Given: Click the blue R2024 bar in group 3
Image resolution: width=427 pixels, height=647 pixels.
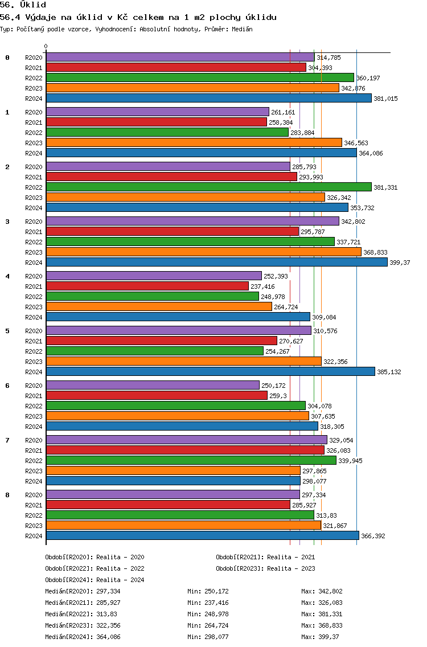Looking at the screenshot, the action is tap(217, 263).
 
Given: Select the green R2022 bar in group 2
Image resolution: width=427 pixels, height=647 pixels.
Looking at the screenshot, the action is tap(209, 187).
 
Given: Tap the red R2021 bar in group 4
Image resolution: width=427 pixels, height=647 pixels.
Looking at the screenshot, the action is tap(147, 286).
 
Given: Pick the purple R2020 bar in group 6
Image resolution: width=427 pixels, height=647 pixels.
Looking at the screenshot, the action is tap(153, 386).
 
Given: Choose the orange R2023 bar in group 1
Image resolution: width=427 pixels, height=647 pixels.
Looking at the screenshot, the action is tap(194, 143).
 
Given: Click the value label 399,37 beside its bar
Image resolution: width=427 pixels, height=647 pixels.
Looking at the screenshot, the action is tap(400, 263).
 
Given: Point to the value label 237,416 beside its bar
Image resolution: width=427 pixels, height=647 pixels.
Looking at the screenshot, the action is tap(262, 286).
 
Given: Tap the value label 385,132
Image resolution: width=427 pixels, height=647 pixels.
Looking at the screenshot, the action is tap(389, 372).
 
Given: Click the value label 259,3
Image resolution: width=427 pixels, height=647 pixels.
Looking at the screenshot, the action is tap(278, 396).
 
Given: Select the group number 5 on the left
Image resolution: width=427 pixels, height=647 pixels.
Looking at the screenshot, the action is tap(7, 331).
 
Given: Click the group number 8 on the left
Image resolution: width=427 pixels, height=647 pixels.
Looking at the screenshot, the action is tap(7, 495).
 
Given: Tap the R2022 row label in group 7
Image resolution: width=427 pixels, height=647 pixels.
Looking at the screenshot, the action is tap(34, 461).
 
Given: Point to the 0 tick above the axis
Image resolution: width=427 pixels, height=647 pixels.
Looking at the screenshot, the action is tap(46, 46).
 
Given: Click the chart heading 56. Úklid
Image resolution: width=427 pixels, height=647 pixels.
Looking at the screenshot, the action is tap(23, 5).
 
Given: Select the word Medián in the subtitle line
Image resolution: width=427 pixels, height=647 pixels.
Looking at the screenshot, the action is tap(242, 29).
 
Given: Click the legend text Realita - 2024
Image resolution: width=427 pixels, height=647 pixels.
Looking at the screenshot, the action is tap(120, 580).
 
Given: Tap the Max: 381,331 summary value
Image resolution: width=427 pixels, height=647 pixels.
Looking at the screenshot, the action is tap(322, 614).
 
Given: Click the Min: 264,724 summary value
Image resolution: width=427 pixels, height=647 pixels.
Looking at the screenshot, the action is tap(208, 625).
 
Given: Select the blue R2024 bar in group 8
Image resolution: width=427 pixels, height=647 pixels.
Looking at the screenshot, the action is tap(203, 535).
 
